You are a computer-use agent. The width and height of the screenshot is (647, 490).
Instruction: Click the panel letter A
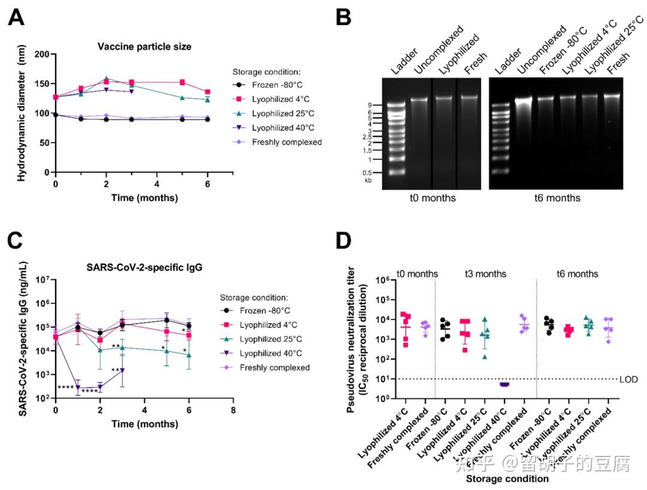16,18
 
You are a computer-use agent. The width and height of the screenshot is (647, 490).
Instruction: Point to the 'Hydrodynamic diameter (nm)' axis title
22,113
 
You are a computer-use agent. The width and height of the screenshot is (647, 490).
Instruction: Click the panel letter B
343,18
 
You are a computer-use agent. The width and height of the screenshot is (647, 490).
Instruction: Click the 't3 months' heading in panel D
485,274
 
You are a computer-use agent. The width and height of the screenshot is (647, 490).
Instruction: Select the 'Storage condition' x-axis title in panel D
507,479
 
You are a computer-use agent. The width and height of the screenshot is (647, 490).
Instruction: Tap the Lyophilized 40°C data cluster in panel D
504,384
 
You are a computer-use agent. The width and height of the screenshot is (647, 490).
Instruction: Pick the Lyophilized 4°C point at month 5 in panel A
182,82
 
